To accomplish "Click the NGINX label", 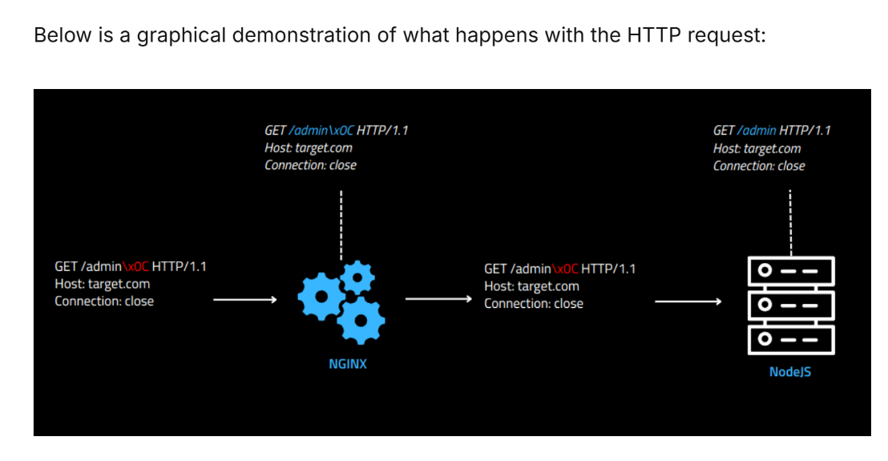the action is coord(348,364).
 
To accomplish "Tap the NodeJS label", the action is coord(790,372).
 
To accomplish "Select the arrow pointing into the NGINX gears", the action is coord(245,300).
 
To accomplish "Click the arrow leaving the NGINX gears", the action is coord(438,299).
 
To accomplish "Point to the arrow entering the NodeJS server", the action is coord(688,301).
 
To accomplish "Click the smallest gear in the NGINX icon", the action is coord(357,277).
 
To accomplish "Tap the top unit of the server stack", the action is coord(791,271).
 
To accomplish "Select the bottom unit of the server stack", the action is coord(791,340).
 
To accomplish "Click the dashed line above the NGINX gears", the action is coord(341,224).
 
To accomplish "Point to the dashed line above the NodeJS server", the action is coord(790,223).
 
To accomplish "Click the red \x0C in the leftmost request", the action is coord(135,267).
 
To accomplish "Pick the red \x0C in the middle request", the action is coord(565,269).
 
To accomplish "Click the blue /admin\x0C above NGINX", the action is coord(321,131).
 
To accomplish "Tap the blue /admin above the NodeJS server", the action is coord(757,131).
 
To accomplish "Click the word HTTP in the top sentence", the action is coord(653,35).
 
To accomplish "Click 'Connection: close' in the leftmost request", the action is coord(104,301).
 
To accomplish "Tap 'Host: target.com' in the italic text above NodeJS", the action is coord(757,149).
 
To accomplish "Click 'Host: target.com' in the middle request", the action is coord(532,286).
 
